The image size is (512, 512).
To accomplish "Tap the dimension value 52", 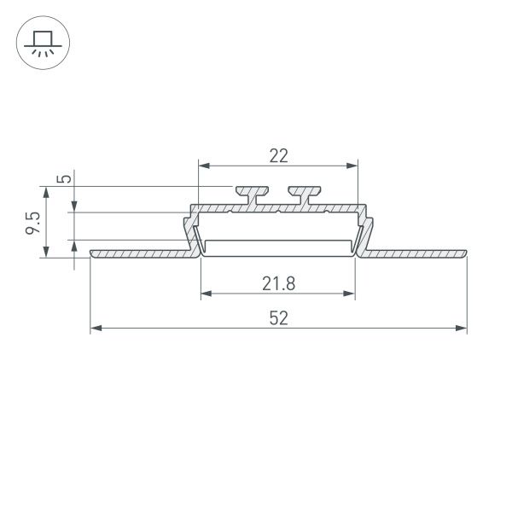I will coord(279,318).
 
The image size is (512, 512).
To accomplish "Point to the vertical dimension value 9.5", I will coord(32,220).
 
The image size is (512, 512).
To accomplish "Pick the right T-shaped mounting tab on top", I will coord(304,193).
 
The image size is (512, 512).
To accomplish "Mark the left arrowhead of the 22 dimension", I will coord(203,166).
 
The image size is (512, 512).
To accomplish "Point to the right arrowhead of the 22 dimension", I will coord(351,166).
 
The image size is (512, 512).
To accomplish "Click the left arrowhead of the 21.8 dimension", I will coord(206,295).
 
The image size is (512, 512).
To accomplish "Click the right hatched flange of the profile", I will coord(418,253).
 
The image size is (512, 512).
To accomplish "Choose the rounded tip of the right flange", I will coord(465,253).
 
